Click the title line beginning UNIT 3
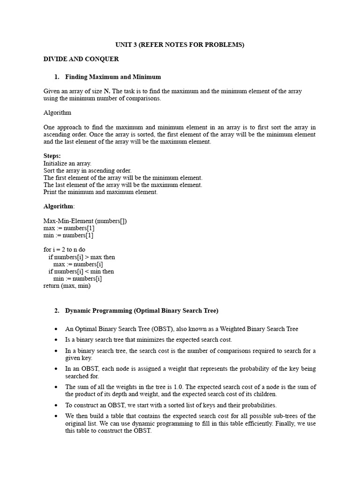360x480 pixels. click(x=180, y=45)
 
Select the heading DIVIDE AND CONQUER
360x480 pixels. click(x=81, y=59)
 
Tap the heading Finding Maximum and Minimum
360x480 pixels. click(x=113, y=77)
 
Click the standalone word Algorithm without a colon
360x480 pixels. click(x=57, y=113)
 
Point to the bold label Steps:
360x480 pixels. click(x=52, y=156)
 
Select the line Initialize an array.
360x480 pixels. click(x=67, y=163)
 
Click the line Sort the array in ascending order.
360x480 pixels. click(x=88, y=171)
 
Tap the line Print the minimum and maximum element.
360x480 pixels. click(x=101, y=192)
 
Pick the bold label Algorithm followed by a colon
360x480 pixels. click(x=59, y=206)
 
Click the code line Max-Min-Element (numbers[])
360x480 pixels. click(x=85, y=221)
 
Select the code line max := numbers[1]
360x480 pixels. click(x=69, y=228)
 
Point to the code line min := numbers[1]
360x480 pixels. click(x=68, y=235)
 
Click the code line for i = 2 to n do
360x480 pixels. click(x=65, y=250)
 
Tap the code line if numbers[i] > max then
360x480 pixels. click(x=82, y=257)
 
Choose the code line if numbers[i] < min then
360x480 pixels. click(x=81, y=271)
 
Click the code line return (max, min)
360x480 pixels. click(x=67, y=285)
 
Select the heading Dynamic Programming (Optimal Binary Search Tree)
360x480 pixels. click(x=142, y=310)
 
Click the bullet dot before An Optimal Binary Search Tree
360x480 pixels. click(x=56, y=329)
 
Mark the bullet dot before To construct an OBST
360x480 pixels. click(x=56, y=405)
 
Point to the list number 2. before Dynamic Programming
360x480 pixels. click(x=57, y=310)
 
